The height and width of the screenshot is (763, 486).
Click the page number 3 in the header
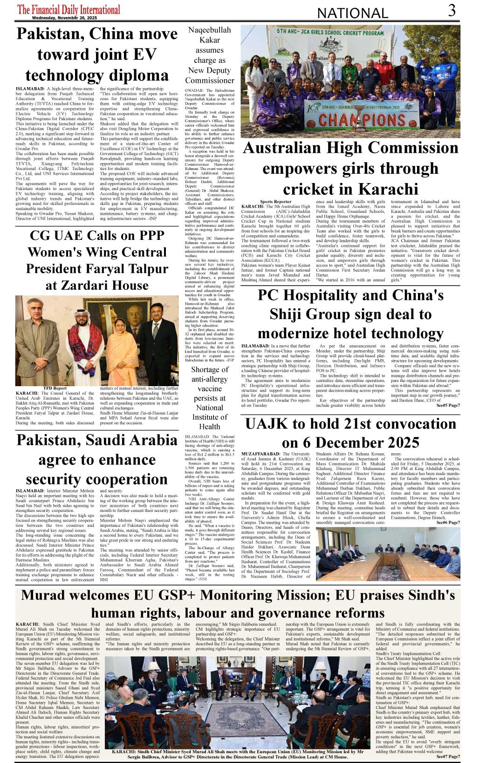click(x=452, y=10)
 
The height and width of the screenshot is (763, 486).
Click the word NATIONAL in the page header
click(x=352, y=13)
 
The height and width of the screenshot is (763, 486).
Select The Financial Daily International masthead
click(x=68, y=9)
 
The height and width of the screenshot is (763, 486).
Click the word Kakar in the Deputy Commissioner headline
click(x=210, y=40)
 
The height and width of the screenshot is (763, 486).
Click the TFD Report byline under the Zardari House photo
click(x=55, y=388)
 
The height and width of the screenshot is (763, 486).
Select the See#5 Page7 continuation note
click(x=448, y=405)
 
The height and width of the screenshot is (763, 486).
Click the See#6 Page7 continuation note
click(x=448, y=523)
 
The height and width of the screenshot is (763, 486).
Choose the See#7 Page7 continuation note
click(x=448, y=756)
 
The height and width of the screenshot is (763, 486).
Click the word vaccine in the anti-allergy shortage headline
click(x=210, y=388)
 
